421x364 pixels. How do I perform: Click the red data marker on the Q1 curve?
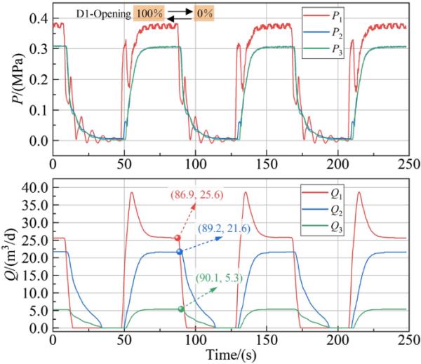click(178, 238)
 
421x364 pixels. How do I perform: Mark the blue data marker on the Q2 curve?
click(180, 252)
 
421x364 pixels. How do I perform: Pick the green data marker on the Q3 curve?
click(181, 309)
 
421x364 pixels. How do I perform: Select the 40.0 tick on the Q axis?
click(34, 188)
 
